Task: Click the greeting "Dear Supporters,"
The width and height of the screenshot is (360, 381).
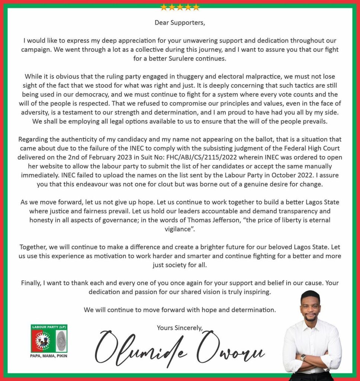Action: click(180, 22)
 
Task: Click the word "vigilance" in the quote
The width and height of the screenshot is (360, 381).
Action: click(178, 229)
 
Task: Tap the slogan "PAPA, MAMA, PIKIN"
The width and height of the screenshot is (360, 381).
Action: click(49, 355)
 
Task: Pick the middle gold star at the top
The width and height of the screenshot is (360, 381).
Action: click(180, 7)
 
